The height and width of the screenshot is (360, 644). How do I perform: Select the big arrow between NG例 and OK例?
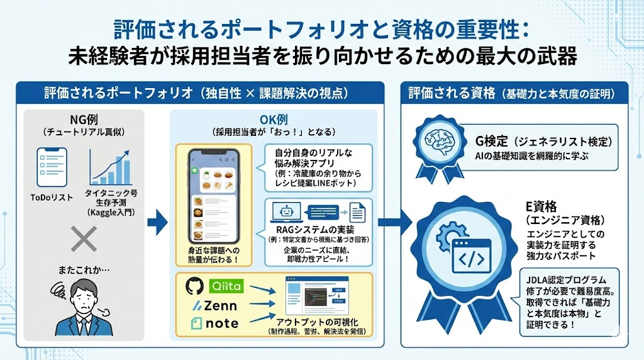(x=158, y=222)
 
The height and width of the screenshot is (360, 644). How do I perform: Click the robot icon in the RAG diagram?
(x=282, y=211)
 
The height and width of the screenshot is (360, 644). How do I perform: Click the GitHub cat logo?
(x=195, y=286)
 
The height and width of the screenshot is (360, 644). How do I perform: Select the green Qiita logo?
(x=224, y=286)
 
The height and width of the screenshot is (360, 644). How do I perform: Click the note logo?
(x=214, y=323)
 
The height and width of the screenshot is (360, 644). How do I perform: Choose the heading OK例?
(x=274, y=120)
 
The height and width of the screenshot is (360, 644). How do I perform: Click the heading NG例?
(x=84, y=120)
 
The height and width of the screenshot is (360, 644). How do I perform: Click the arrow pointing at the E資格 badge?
(x=395, y=221)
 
